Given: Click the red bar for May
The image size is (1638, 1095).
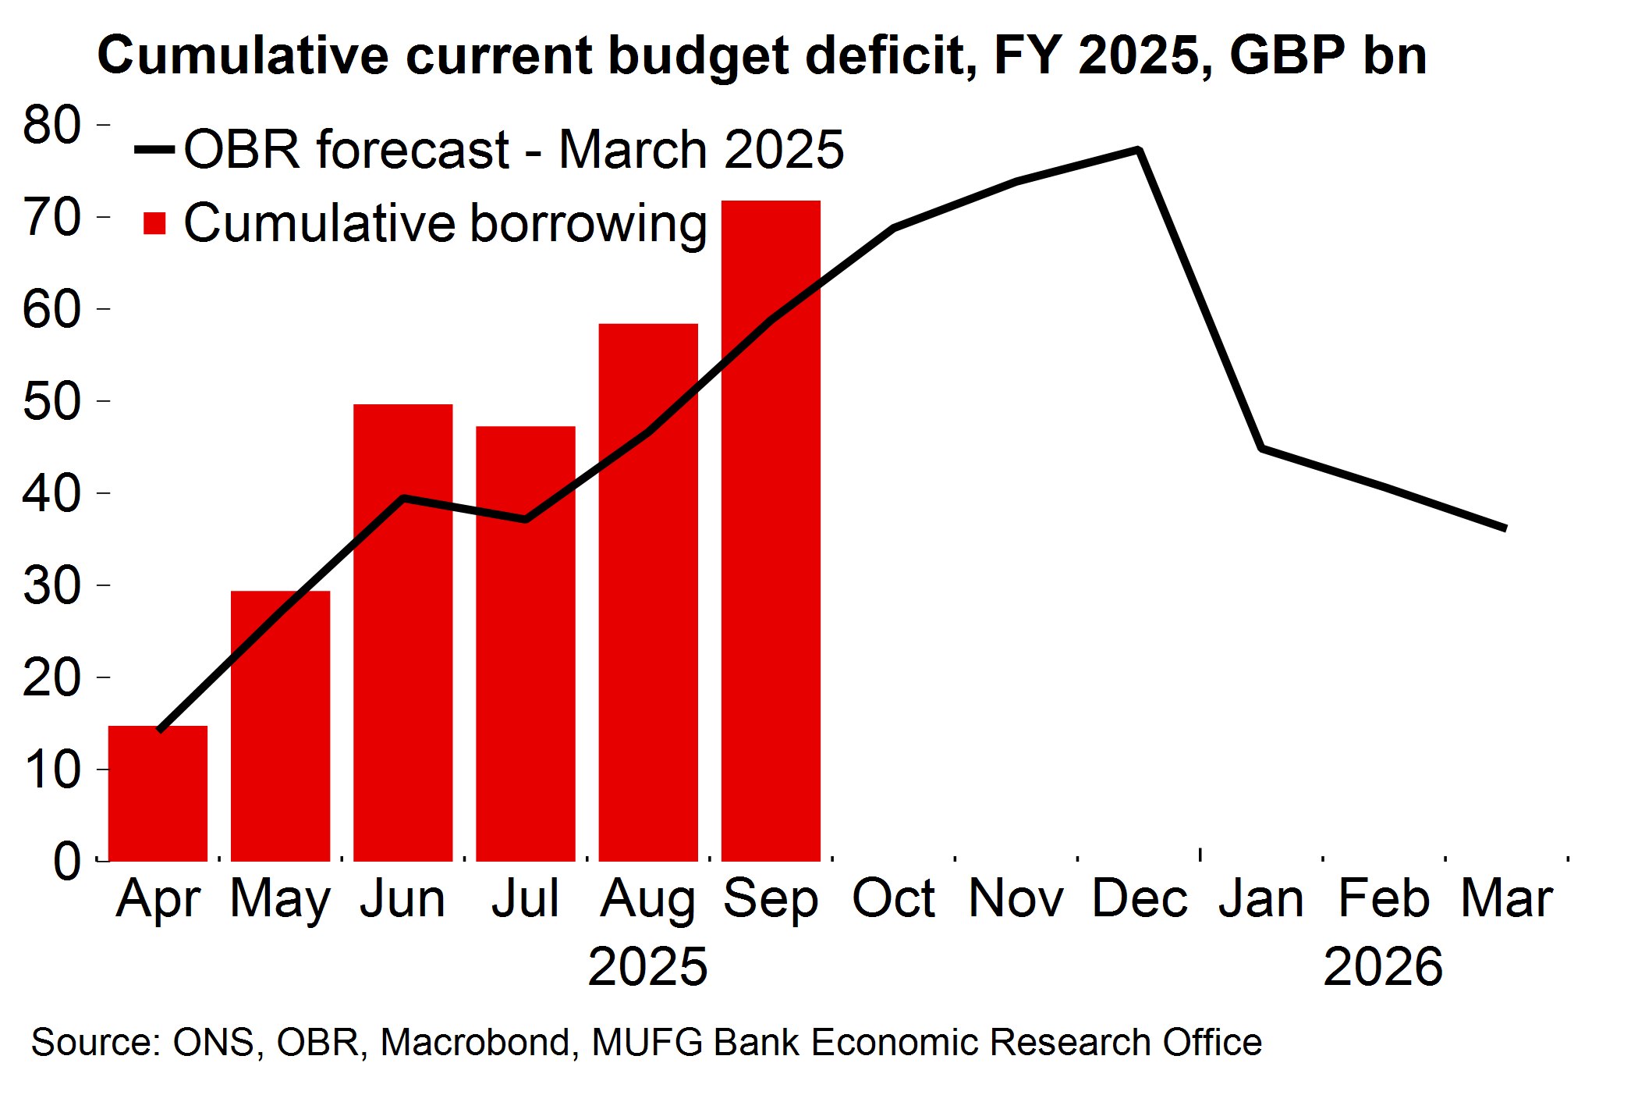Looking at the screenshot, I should (x=280, y=726).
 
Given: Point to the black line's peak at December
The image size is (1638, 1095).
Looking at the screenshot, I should (x=1139, y=150).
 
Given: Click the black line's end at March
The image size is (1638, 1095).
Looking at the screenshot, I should (x=1504, y=528).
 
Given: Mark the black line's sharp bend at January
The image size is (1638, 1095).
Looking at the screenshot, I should (x=1261, y=448).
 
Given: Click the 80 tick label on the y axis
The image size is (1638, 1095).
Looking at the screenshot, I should (x=51, y=124).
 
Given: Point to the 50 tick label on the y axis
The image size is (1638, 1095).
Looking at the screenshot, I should (x=51, y=401).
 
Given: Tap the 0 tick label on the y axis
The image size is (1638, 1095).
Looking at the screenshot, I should (x=66, y=862).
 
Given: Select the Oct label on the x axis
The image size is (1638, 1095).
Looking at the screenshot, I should (x=893, y=898).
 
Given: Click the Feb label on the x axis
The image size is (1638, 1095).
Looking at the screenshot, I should (x=1384, y=898).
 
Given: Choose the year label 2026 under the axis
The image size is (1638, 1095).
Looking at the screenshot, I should (x=1383, y=966).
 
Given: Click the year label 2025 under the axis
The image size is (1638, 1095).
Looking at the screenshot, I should (x=647, y=966).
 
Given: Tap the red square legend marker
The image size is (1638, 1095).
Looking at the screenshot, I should (x=154, y=224).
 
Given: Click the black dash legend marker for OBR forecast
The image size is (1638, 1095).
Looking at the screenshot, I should (x=154, y=149).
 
